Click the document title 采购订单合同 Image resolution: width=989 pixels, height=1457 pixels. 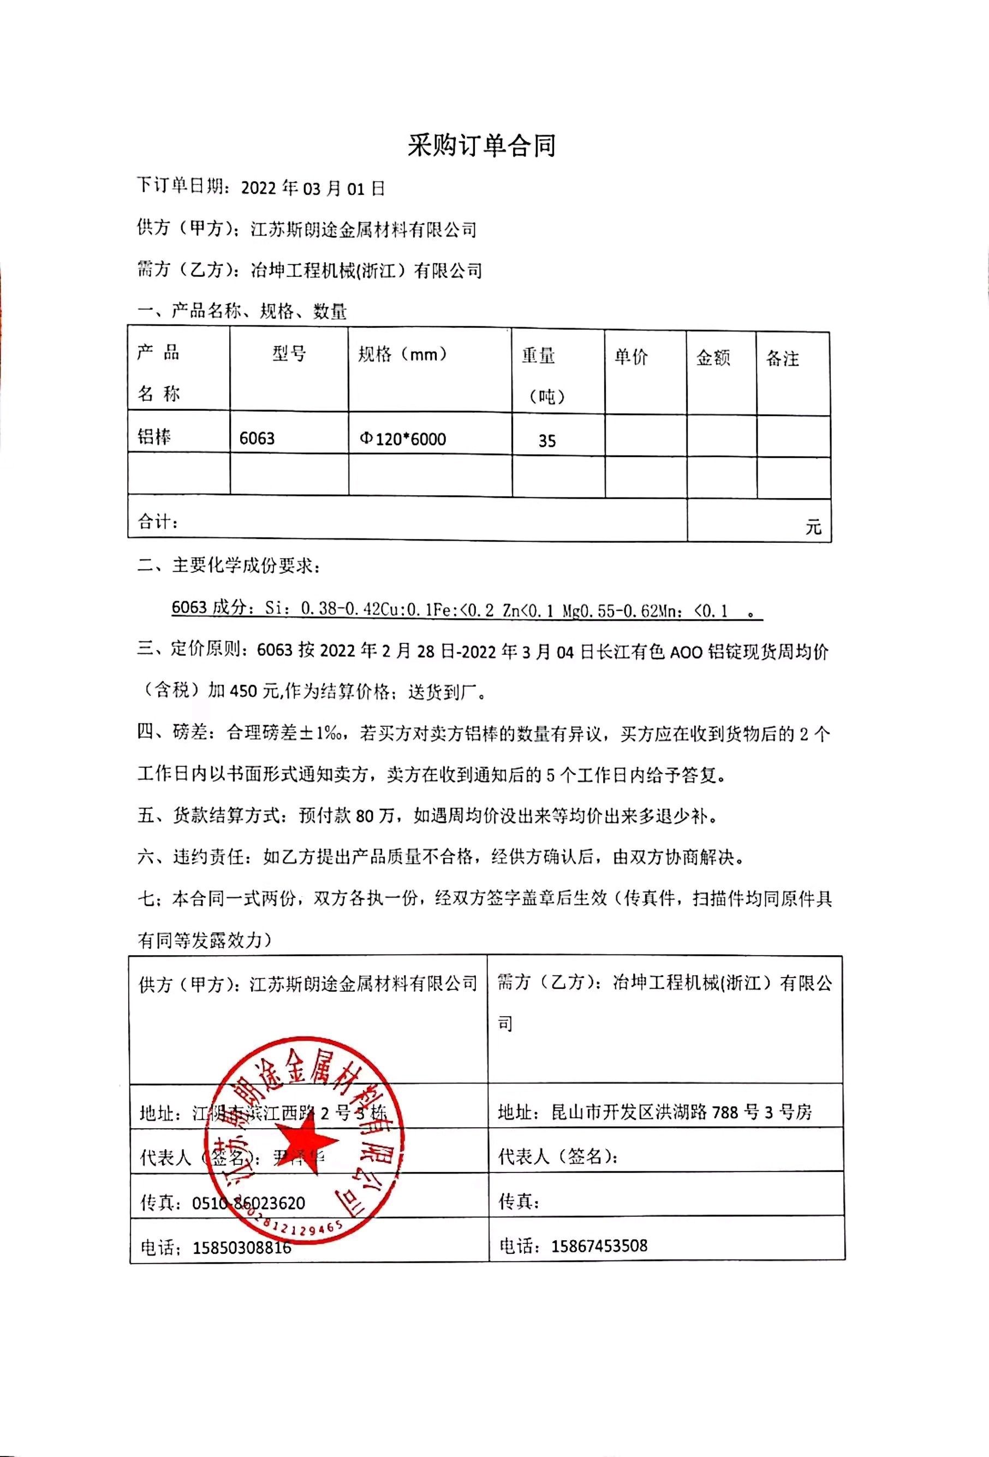point(481,146)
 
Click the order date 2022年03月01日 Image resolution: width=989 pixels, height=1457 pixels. point(313,188)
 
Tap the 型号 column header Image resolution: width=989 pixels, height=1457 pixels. point(289,354)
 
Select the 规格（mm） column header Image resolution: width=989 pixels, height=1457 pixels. point(402,355)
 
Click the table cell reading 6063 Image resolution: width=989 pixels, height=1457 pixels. point(257,438)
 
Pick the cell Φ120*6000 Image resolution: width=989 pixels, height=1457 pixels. point(403,439)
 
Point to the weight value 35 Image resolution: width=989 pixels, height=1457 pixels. point(546,441)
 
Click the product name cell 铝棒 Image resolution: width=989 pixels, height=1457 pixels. point(154,437)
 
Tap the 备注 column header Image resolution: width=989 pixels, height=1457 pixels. point(782,359)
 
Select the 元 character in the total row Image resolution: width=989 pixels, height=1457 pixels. point(813,526)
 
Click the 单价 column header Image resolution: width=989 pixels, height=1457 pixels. point(630,357)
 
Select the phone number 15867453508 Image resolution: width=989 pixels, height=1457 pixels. point(599,1246)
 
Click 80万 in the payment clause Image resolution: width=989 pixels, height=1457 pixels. point(376,816)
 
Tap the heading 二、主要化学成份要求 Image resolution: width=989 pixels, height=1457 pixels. point(229,566)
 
